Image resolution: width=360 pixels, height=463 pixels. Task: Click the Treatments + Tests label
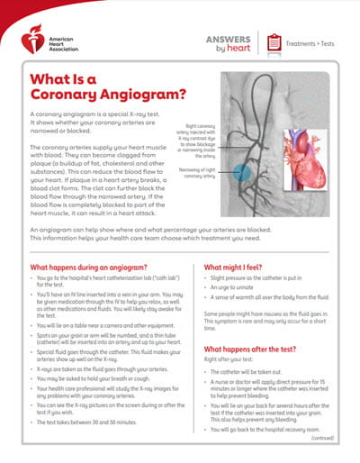(310, 42)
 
